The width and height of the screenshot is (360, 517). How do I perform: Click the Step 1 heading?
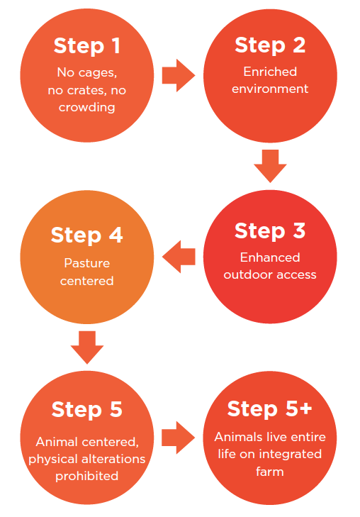pyautogui.click(x=86, y=46)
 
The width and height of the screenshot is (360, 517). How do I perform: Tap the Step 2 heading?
pyautogui.click(x=270, y=45)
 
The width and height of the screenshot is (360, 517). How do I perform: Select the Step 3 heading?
pyautogui.click(x=270, y=230)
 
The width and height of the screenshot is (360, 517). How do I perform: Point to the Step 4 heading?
pyautogui.click(x=87, y=235)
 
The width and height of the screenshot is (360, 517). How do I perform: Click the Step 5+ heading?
pyautogui.click(x=270, y=409)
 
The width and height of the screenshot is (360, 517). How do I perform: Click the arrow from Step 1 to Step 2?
pyautogui.click(x=179, y=75)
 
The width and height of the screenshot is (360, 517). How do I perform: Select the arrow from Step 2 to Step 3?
pyautogui.click(x=270, y=166)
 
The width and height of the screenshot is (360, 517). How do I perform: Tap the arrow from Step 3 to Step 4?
pyautogui.click(x=179, y=257)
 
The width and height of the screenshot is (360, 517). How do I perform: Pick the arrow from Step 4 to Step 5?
pyautogui.click(x=87, y=348)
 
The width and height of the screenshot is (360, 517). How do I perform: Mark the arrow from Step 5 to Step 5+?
pyautogui.click(x=178, y=438)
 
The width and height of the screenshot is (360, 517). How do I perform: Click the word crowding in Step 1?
pyautogui.click(x=87, y=108)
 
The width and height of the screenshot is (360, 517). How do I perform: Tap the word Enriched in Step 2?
pyautogui.click(x=270, y=72)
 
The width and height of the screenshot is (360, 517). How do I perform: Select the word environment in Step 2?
pyautogui.click(x=270, y=89)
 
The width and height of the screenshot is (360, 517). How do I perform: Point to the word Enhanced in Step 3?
pyautogui.click(x=270, y=257)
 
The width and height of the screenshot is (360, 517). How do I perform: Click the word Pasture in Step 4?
pyautogui.click(x=87, y=263)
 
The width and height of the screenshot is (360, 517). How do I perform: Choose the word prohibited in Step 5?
pyautogui.click(x=87, y=476)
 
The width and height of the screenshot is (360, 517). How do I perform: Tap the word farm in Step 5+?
pyautogui.click(x=270, y=471)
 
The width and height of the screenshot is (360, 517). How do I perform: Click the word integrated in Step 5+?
pyautogui.click(x=290, y=454)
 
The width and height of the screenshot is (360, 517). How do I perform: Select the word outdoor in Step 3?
pyautogui.click(x=247, y=274)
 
